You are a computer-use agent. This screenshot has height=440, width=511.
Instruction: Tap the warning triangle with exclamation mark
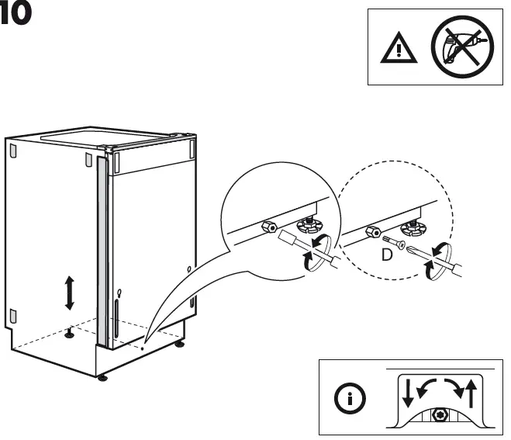coord(395,50)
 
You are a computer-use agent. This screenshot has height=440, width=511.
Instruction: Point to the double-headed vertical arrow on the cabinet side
coord(69,293)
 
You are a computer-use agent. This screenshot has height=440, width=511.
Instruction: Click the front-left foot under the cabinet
coord(102,379)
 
